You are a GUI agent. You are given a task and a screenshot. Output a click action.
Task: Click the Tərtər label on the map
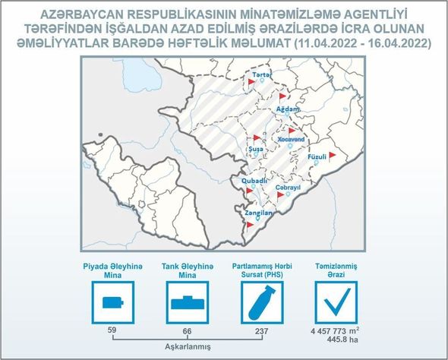[262, 75]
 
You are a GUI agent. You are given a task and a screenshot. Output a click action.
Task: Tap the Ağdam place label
[288, 109]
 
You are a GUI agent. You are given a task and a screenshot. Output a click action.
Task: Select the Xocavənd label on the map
[291, 140]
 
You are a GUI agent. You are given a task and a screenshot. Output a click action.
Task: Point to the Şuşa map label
[256, 149]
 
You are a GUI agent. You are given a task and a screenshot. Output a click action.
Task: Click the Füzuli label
[317, 157]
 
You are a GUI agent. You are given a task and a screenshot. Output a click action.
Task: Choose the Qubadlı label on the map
[254, 181]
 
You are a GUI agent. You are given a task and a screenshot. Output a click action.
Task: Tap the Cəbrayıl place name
[288, 188]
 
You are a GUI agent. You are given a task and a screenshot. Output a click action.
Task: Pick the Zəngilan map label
[259, 213]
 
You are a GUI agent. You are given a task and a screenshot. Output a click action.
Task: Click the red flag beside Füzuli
[332, 156]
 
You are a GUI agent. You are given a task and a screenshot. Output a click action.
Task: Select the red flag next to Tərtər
[251, 82]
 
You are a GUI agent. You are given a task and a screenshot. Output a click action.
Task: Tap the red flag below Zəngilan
[250, 225]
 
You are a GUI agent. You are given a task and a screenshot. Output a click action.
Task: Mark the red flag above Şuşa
[257, 138]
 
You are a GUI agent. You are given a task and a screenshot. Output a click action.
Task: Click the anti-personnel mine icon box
[113, 302]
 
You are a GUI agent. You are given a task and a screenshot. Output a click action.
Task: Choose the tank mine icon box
[188, 302]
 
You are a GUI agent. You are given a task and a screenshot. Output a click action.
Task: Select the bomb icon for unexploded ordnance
[262, 302]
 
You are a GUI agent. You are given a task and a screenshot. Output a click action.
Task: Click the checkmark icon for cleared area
[336, 302]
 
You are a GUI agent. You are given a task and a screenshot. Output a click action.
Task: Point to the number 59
[112, 330]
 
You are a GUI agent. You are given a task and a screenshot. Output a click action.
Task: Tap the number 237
[262, 331]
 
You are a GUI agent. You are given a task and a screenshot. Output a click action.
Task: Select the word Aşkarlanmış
[188, 347]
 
